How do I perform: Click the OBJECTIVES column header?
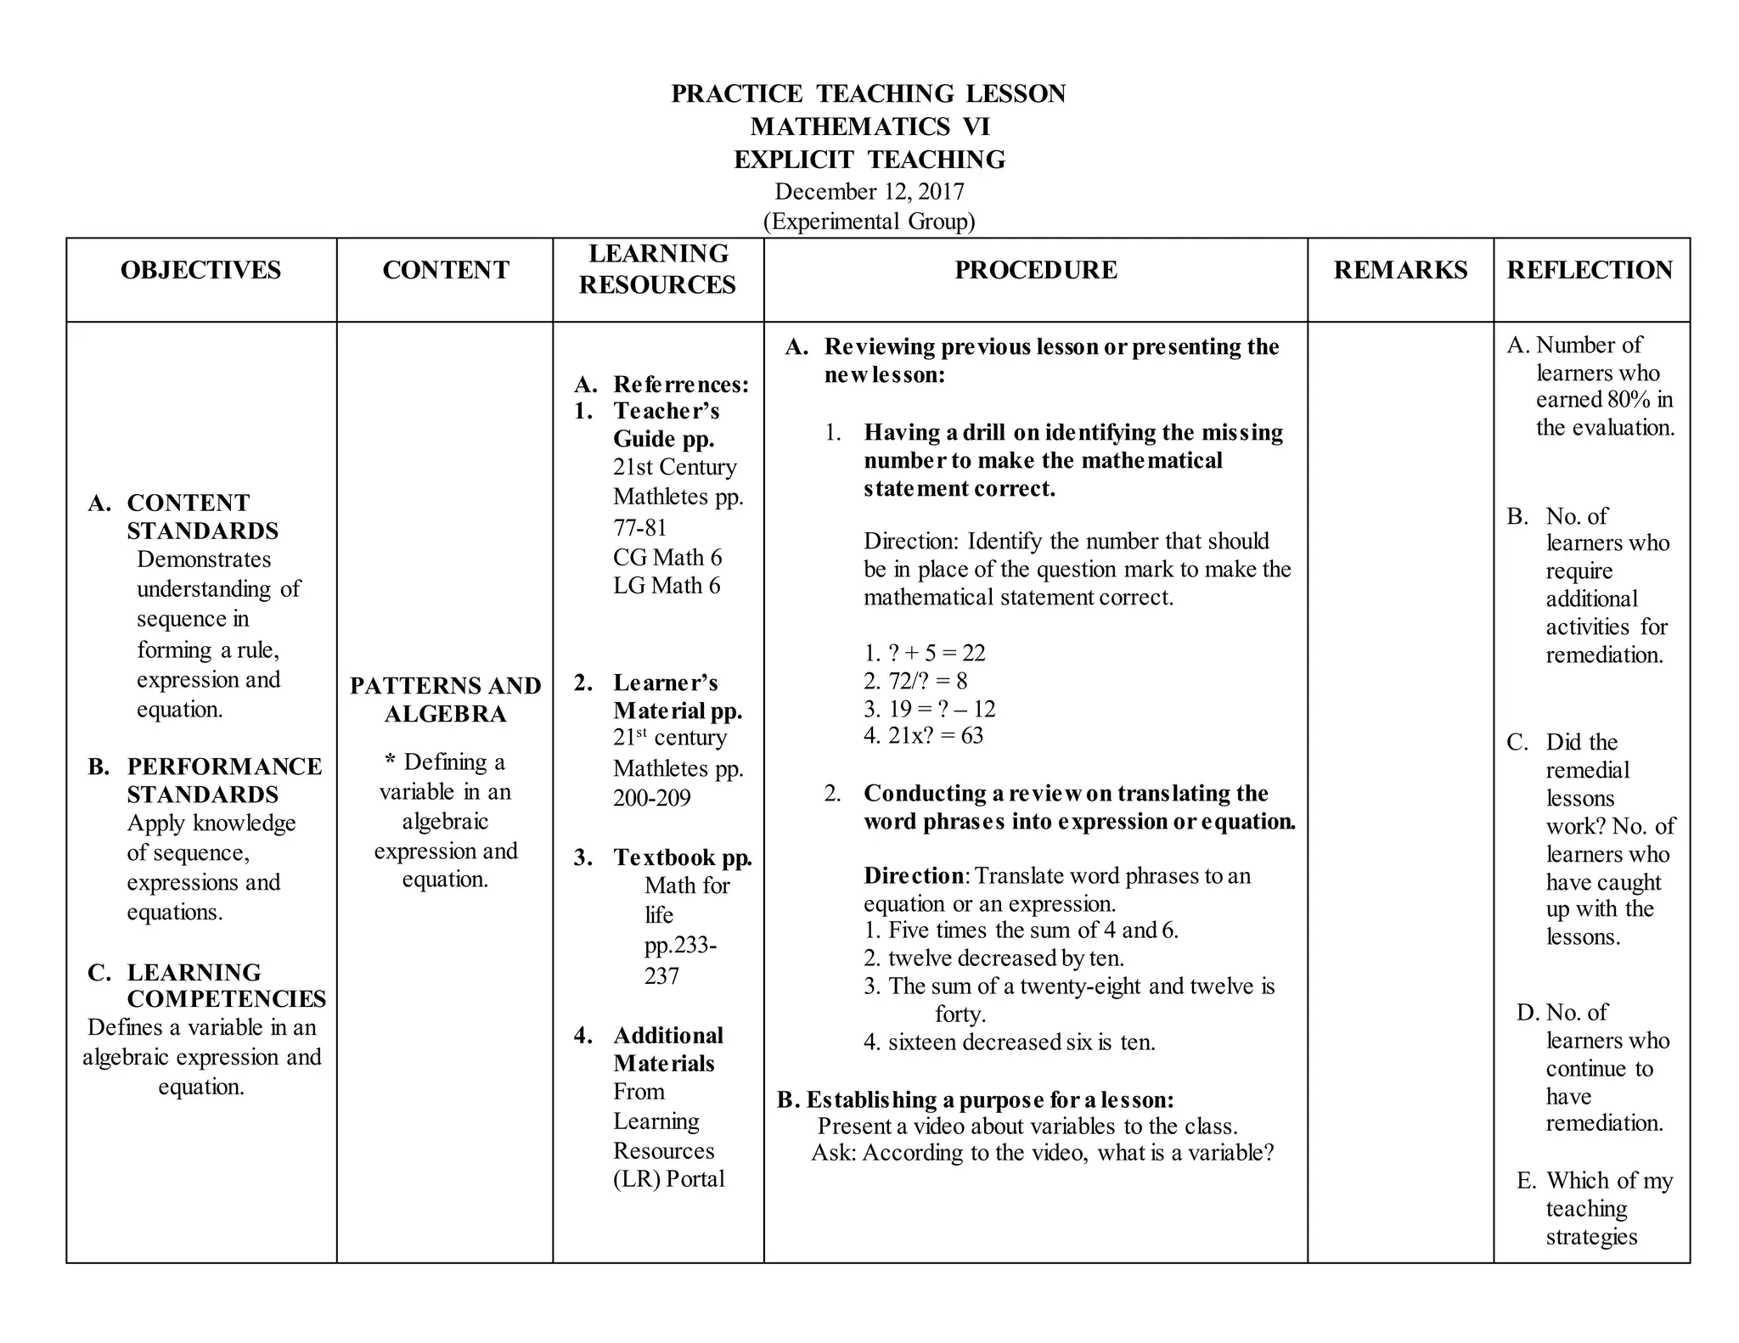click(200, 270)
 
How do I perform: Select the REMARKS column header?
click(1400, 270)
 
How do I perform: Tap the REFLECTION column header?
click(1590, 270)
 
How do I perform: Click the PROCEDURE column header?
click(1035, 270)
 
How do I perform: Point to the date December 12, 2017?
click(869, 192)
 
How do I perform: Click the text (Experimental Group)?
click(869, 222)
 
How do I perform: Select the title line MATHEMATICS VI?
click(869, 126)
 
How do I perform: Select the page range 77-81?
click(640, 528)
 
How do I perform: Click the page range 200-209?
click(651, 798)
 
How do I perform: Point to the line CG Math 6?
click(667, 558)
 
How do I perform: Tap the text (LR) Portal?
click(669, 1179)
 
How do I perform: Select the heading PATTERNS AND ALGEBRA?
click(445, 700)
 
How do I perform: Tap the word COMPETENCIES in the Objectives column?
click(226, 999)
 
